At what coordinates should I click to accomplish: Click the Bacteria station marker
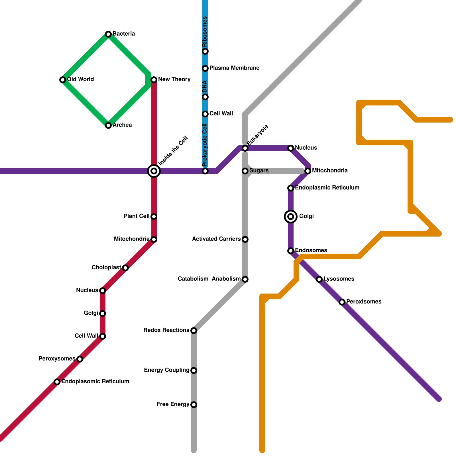(x=108, y=34)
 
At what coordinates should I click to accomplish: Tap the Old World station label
(x=80, y=79)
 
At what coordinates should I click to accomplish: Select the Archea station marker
(x=108, y=125)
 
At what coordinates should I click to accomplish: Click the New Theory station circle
(x=154, y=80)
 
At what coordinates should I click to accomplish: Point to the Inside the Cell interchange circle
(x=154, y=171)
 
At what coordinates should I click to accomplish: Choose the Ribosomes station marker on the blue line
(x=205, y=51)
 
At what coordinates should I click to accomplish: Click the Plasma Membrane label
(x=234, y=68)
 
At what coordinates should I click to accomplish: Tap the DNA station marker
(x=205, y=97)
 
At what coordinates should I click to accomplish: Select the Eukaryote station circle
(x=245, y=148)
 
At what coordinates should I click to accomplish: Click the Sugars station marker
(x=245, y=171)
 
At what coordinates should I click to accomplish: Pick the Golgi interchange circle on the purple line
(x=291, y=217)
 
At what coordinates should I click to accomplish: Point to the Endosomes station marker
(x=291, y=251)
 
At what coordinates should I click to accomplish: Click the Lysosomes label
(x=339, y=279)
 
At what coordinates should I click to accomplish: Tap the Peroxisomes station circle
(x=342, y=302)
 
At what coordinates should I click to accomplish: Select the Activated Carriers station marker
(x=245, y=239)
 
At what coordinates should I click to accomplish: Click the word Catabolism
(x=193, y=279)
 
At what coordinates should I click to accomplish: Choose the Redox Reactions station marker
(x=194, y=331)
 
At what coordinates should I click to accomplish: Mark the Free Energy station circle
(x=194, y=405)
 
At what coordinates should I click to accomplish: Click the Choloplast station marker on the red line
(x=125, y=268)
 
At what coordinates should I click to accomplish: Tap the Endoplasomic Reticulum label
(x=95, y=381)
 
